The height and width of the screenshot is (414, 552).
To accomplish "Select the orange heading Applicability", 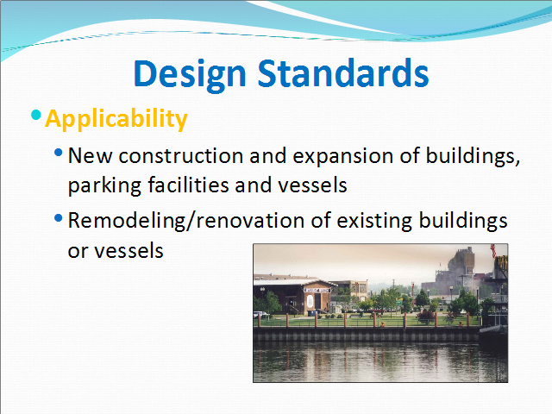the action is click(116, 119).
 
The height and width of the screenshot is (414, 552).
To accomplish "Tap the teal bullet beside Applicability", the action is click(36, 115).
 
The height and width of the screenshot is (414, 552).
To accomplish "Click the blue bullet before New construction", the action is click(59, 153).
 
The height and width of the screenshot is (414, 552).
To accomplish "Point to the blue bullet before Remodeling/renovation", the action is click(59, 218).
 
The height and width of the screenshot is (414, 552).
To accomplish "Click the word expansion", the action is click(343, 156).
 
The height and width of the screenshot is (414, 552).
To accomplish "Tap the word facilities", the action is click(188, 184).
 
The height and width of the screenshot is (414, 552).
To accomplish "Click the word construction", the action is click(181, 155).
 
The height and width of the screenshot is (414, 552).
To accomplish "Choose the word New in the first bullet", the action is click(90, 155).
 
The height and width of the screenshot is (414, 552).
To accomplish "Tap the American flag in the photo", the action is click(493, 251).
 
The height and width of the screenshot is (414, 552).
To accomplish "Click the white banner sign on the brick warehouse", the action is click(317, 290).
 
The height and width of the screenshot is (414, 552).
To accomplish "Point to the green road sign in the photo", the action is click(399, 302).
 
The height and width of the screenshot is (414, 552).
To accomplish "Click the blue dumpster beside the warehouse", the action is click(311, 312).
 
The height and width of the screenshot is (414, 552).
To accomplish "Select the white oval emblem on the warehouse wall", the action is click(310, 301).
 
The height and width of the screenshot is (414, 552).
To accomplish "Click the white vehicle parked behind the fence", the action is click(260, 314).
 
